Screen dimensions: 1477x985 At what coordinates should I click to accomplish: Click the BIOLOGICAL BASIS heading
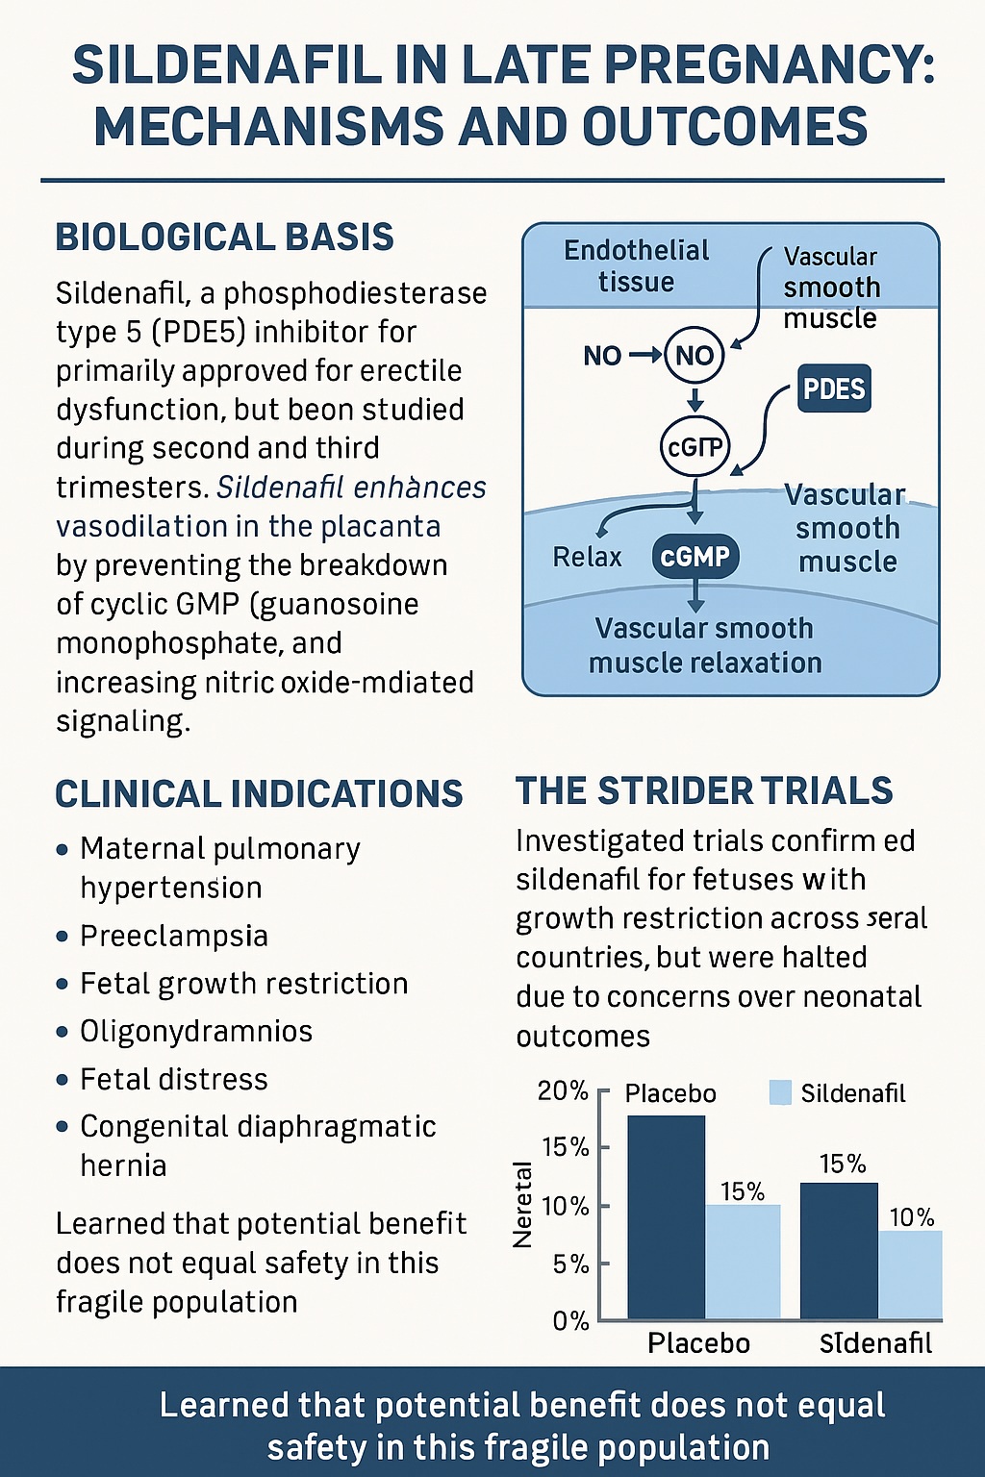click(x=224, y=238)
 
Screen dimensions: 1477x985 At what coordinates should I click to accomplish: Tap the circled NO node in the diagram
click(x=694, y=356)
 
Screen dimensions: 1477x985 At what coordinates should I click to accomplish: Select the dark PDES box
click(x=834, y=388)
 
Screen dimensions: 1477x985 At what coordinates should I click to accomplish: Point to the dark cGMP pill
click(x=695, y=557)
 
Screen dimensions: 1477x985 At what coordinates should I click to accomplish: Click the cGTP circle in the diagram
click(x=695, y=446)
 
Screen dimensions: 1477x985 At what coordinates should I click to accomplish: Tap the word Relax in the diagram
click(x=587, y=557)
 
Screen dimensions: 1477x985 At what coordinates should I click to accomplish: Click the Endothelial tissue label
click(x=636, y=266)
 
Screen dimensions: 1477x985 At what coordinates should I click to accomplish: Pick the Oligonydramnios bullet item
click(x=195, y=1031)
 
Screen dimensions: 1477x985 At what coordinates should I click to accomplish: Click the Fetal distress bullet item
click(x=173, y=1079)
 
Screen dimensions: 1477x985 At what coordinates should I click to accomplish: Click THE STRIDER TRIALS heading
click(x=704, y=791)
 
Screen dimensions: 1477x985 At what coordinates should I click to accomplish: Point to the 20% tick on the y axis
click(x=564, y=1090)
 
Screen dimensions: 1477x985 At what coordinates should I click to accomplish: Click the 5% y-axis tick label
click(x=570, y=1264)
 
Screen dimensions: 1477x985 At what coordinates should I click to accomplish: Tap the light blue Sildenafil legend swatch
click(x=780, y=1092)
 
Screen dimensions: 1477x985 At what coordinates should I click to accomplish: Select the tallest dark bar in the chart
click(x=666, y=1216)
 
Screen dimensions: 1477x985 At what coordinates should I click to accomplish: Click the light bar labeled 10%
click(x=910, y=1274)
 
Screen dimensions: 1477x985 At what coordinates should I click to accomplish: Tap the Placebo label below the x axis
click(x=698, y=1342)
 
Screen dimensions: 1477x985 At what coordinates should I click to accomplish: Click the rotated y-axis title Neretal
click(x=523, y=1205)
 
